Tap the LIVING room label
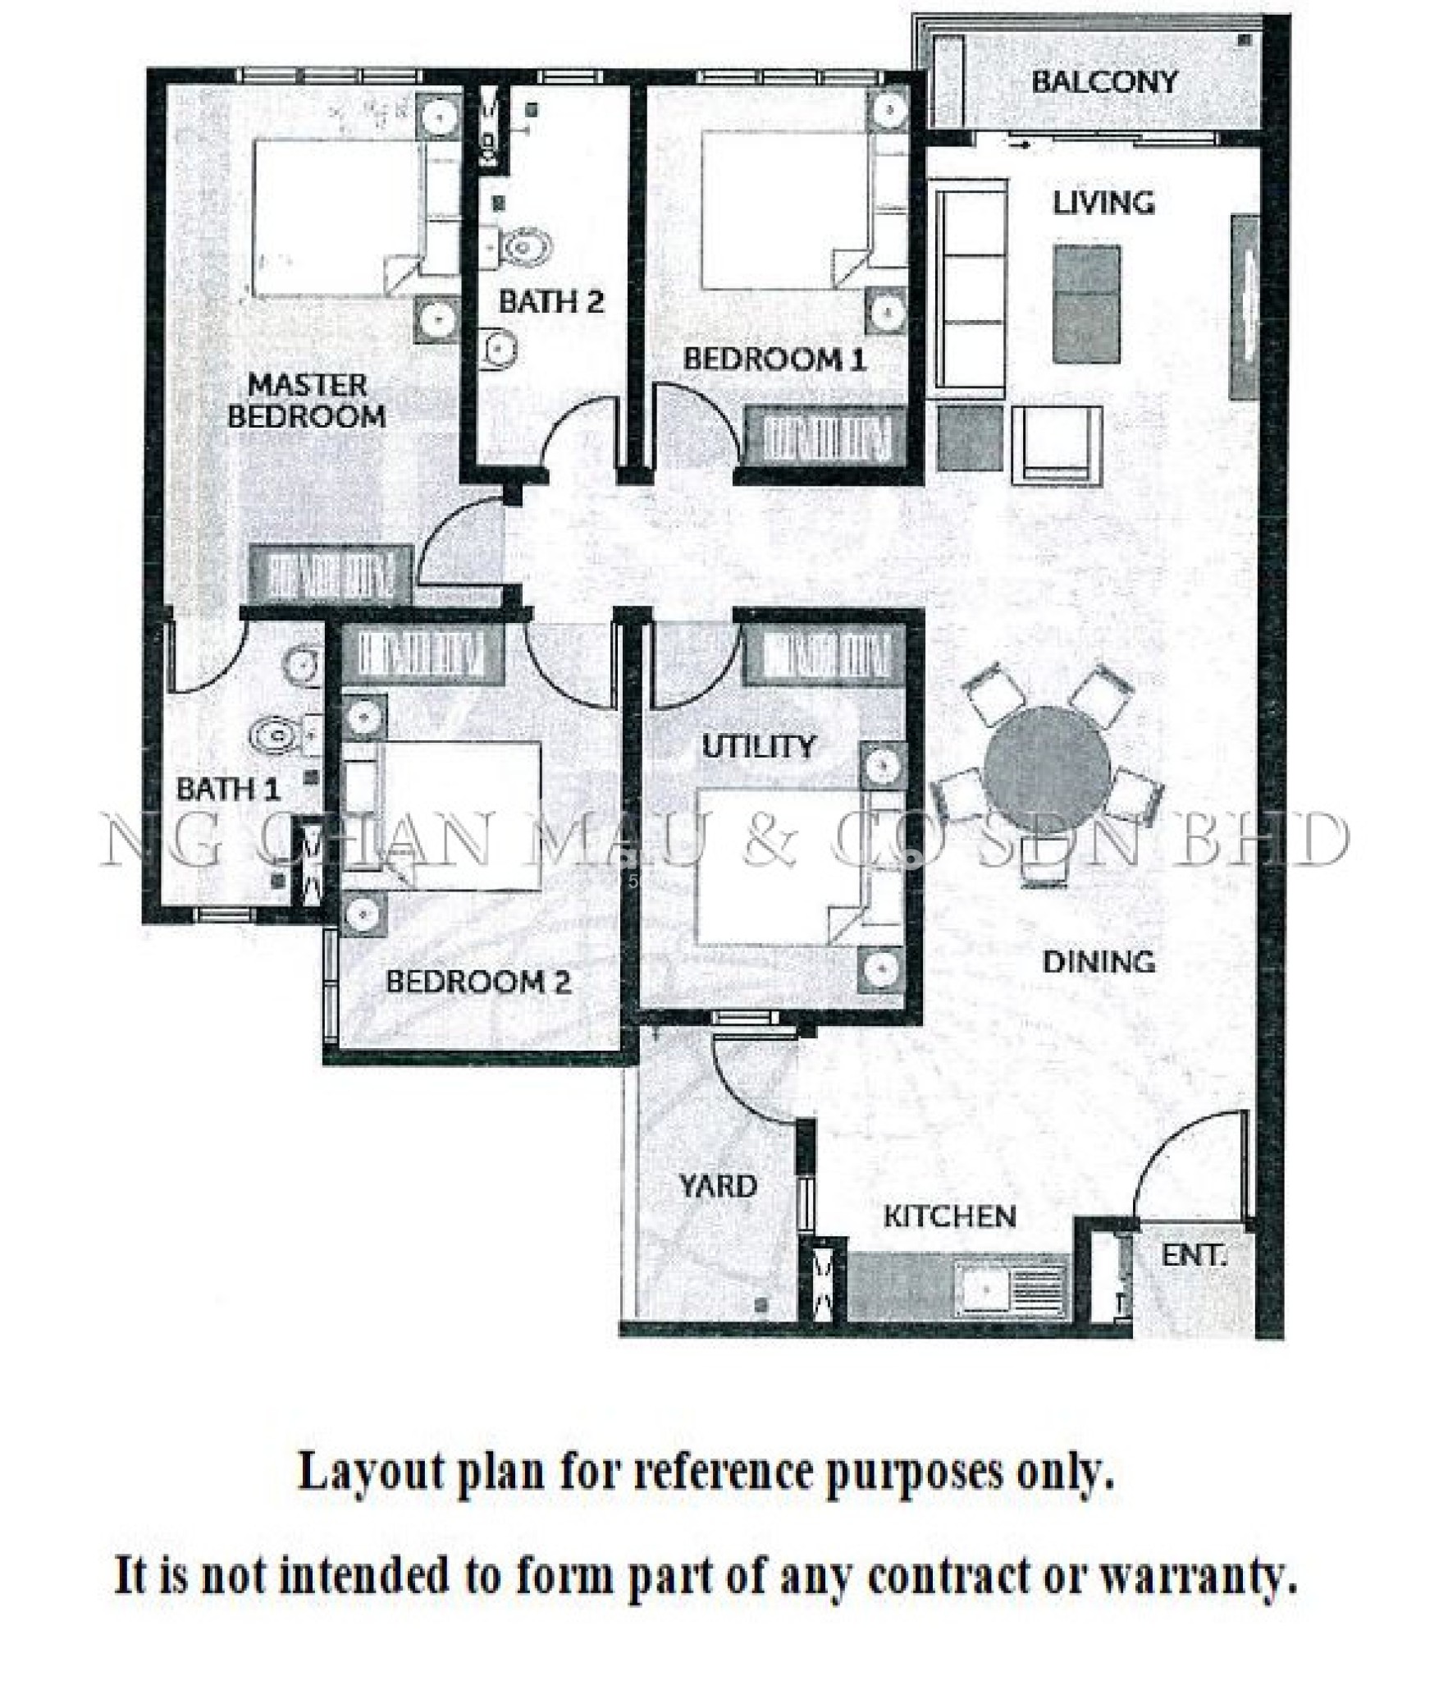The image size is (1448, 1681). (x=1103, y=203)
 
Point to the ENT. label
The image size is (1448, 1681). (x=1194, y=1255)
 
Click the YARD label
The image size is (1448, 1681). (x=717, y=1186)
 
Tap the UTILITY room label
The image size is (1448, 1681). (x=759, y=746)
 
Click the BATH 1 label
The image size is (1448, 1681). (x=227, y=790)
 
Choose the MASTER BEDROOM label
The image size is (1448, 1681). (x=306, y=400)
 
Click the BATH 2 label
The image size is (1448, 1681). (x=550, y=301)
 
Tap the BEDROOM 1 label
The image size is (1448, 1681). (x=774, y=359)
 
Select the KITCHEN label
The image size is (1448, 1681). (x=949, y=1215)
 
